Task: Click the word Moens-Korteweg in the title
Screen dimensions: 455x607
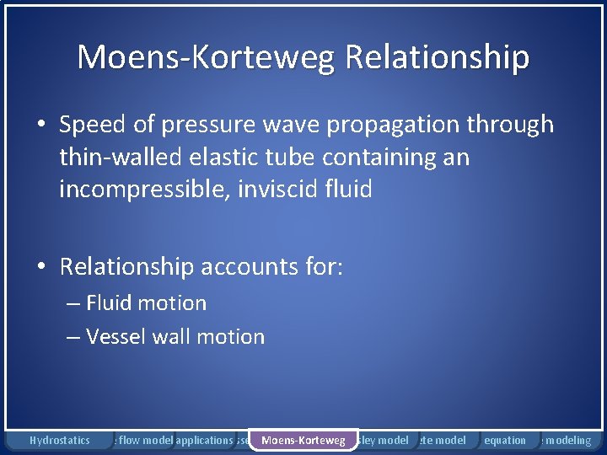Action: [207, 57]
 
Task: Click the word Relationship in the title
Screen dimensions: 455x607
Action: [438, 57]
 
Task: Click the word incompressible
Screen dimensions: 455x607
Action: [145, 189]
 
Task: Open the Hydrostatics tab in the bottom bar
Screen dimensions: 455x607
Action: [59, 440]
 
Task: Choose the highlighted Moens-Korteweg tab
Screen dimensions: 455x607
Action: [303, 440]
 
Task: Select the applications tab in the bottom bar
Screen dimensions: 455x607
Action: [203, 440]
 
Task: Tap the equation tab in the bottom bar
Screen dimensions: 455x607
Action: [504, 440]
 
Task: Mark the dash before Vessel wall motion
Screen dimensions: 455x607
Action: [73, 337]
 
